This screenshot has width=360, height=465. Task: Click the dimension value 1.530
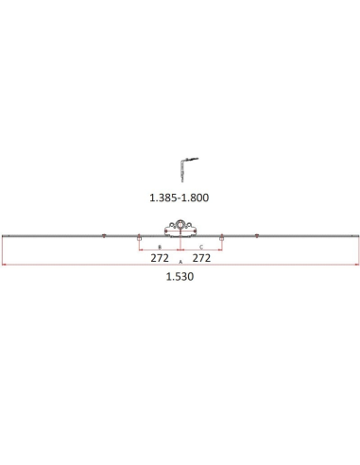click(x=180, y=277)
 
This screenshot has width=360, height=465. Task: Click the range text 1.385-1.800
click(x=179, y=198)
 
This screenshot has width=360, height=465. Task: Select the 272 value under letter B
click(x=160, y=258)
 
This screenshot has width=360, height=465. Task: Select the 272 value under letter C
click(x=201, y=258)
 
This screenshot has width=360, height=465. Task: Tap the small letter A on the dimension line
click(x=180, y=262)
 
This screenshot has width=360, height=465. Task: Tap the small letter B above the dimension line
click(x=160, y=247)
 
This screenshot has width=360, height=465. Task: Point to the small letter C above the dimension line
click(x=201, y=247)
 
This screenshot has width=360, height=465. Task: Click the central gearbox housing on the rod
click(x=180, y=229)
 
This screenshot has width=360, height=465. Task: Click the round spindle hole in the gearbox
click(x=180, y=225)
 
